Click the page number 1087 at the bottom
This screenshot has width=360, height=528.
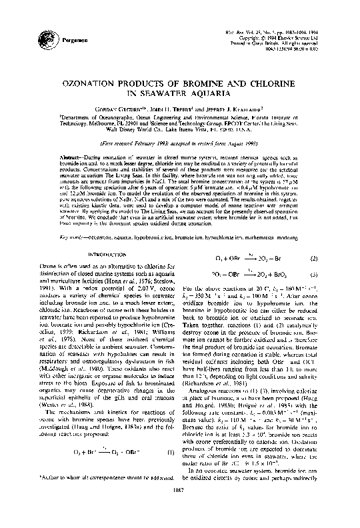coord(179,516)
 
